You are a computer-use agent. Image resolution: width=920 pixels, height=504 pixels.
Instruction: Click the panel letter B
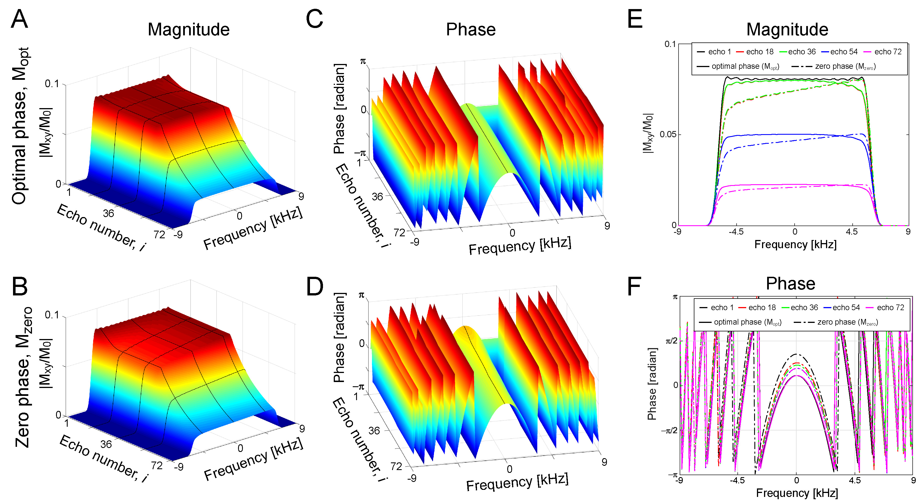(x=20, y=287)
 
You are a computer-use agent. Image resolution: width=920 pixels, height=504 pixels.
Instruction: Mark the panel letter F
(x=634, y=287)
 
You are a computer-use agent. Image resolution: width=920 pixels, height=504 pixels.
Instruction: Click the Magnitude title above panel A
(x=189, y=30)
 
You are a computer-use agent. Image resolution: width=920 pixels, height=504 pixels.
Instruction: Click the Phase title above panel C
(x=471, y=30)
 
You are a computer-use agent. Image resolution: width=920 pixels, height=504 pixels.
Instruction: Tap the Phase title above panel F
(x=790, y=284)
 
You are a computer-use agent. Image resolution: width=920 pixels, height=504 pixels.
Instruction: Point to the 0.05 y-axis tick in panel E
(x=668, y=135)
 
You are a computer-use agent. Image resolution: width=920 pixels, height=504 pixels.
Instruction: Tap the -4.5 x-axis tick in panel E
(x=736, y=232)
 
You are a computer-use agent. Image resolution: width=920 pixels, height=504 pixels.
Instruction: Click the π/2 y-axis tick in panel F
(x=671, y=341)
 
